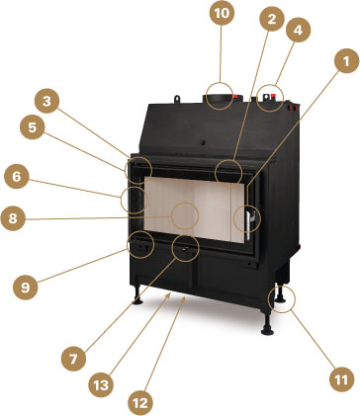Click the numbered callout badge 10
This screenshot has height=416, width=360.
[222, 13]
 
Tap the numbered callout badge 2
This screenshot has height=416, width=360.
[272, 19]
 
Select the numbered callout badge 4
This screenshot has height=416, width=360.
[298, 30]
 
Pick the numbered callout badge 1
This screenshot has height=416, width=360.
[346, 61]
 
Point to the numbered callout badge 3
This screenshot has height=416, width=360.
[46, 101]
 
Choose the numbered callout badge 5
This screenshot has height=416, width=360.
[32, 127]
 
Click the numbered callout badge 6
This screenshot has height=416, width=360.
[16, 177]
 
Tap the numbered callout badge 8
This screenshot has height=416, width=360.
[13, 218]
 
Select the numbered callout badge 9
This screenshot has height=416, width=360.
[26, 288]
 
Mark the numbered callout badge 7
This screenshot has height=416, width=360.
[73, 359]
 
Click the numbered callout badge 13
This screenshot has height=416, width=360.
[101, 384]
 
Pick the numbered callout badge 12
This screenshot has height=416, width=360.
[140, 403]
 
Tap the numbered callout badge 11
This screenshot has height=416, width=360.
[342, 379]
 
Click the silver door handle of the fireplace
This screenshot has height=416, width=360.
[249, 224]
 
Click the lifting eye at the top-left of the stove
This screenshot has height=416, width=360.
[177, 99]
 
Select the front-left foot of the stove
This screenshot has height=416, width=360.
[136, 294]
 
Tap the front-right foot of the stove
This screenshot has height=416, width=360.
[267, 324]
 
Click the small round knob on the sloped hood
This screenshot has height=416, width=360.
[204, 142]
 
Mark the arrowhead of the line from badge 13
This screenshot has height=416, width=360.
[169, 294]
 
